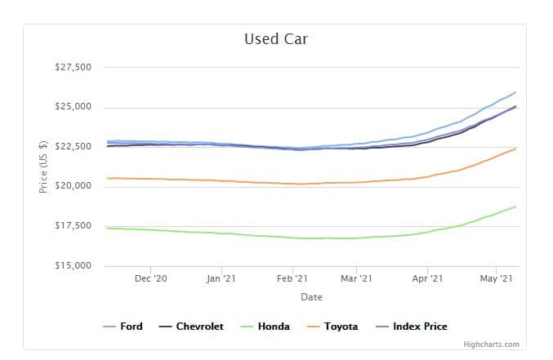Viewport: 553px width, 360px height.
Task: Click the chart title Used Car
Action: point(275,39)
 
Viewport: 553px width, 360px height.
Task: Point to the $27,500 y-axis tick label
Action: point(74,67)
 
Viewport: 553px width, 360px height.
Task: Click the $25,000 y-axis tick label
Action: point(74,107)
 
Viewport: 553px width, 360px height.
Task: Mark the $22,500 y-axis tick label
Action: point(74,147)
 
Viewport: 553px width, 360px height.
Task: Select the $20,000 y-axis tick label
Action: point(74,186)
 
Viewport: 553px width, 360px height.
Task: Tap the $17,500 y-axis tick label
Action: point(74,226)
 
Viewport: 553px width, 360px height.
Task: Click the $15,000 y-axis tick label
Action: point(74,266)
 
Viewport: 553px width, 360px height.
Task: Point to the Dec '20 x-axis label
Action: point(151,279)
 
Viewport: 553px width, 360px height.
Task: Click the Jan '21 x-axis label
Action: point(221,279)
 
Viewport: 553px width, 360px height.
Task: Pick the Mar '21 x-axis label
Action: point(356,279)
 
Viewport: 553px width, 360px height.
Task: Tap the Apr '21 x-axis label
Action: point(427,279)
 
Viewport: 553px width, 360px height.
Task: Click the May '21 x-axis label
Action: point(496,279)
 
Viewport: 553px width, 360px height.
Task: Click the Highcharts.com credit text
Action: point(490,344)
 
